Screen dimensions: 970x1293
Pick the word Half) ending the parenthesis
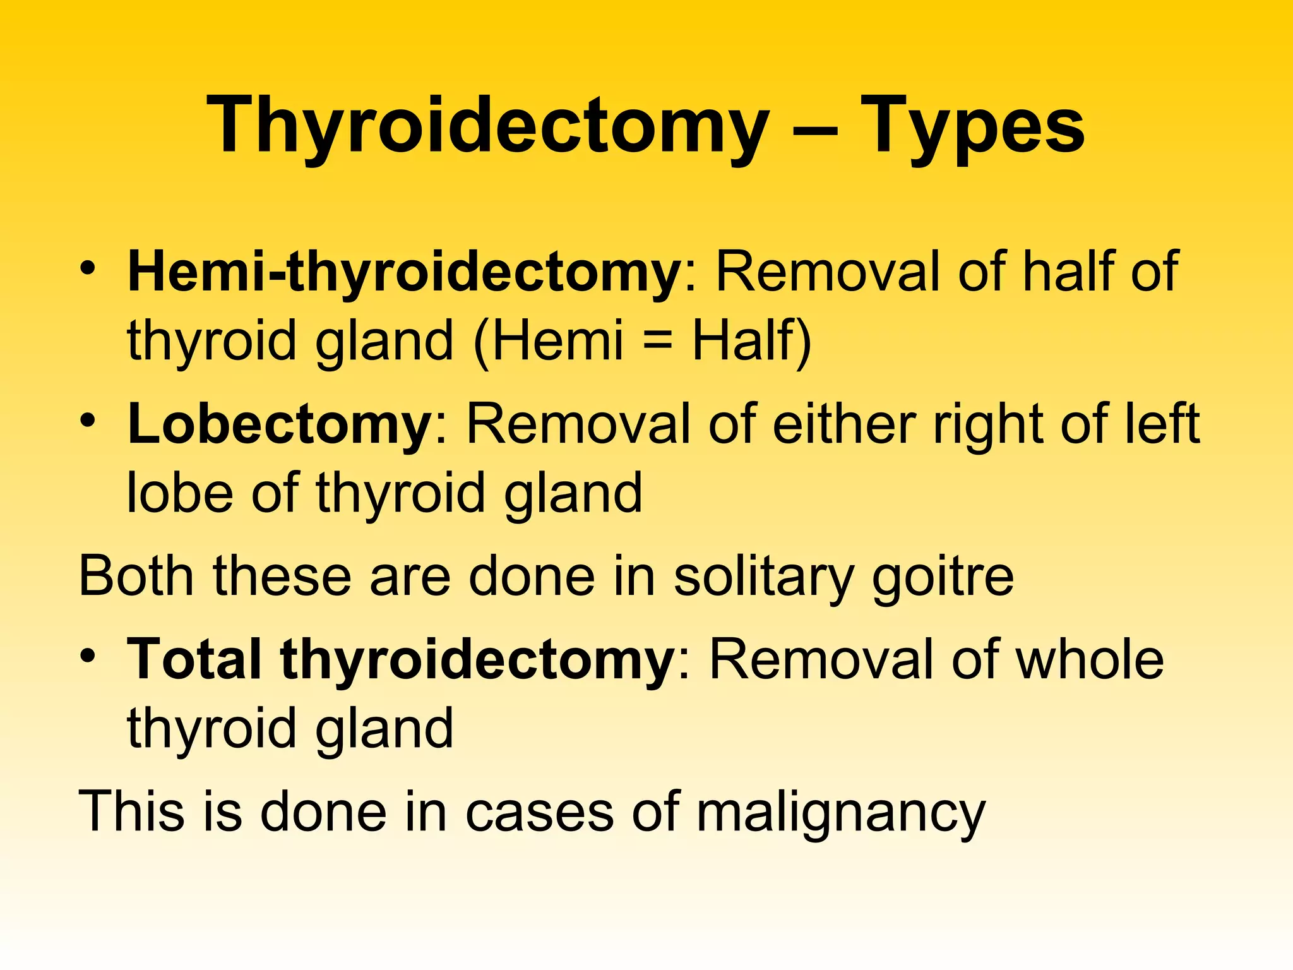751,341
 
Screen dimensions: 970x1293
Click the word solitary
764,577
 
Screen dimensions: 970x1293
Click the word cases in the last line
540,812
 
